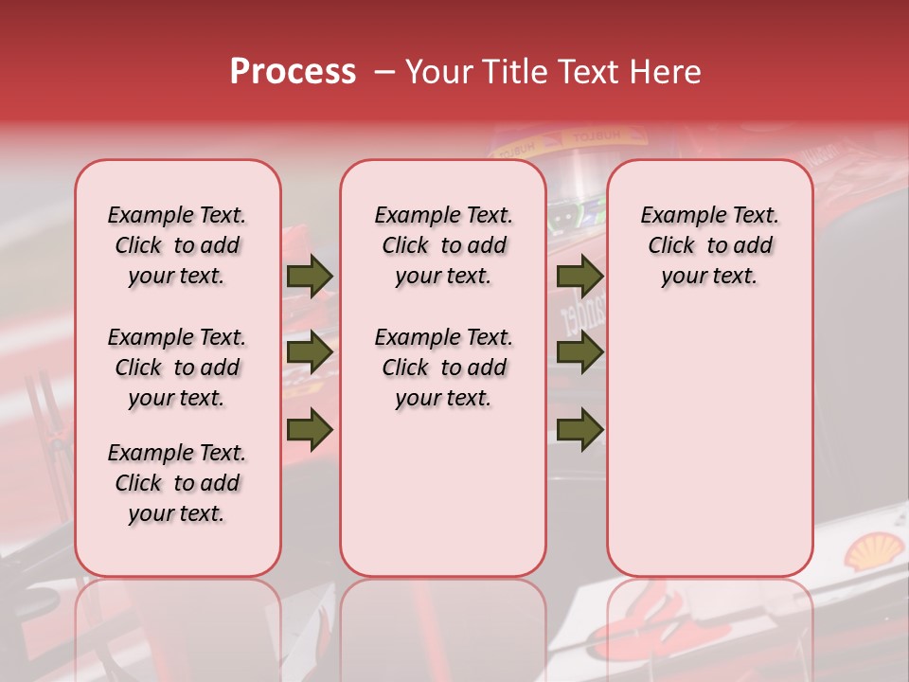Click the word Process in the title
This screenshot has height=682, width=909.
(293, 72)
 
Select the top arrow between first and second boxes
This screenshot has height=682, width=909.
(310, 276)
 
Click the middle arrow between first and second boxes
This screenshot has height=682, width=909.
(310, 352)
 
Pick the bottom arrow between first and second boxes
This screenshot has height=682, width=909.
(310, 429)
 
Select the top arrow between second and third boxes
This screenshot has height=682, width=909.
(579, 276)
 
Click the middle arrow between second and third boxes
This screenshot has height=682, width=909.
(579, 352)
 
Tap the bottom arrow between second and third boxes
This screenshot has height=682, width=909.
(579, 429)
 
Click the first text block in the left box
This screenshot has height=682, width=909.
(177, 245)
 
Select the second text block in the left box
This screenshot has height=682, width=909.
(177, 368)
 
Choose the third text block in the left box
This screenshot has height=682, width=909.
(177, 483)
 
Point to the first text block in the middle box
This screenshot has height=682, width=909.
(443, 245)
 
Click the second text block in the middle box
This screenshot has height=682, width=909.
(443, 368)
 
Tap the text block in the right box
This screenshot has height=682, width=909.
(710, 245)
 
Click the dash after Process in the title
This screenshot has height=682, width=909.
(383, 72)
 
